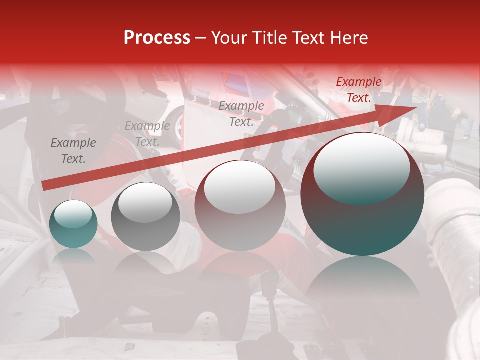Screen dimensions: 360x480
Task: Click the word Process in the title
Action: click(x=157, y=38)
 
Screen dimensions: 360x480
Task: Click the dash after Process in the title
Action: click(x=201, y=38)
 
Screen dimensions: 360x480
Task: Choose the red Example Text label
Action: click(x=358, y=90)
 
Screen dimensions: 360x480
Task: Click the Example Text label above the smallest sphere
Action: click(x=73, y=151)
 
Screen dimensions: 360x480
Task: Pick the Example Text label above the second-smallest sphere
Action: click(x=147, y=134)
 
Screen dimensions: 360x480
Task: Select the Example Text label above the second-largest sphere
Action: click(x=241, y=114)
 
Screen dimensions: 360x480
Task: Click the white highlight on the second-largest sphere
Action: click(x=239, y=186)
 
